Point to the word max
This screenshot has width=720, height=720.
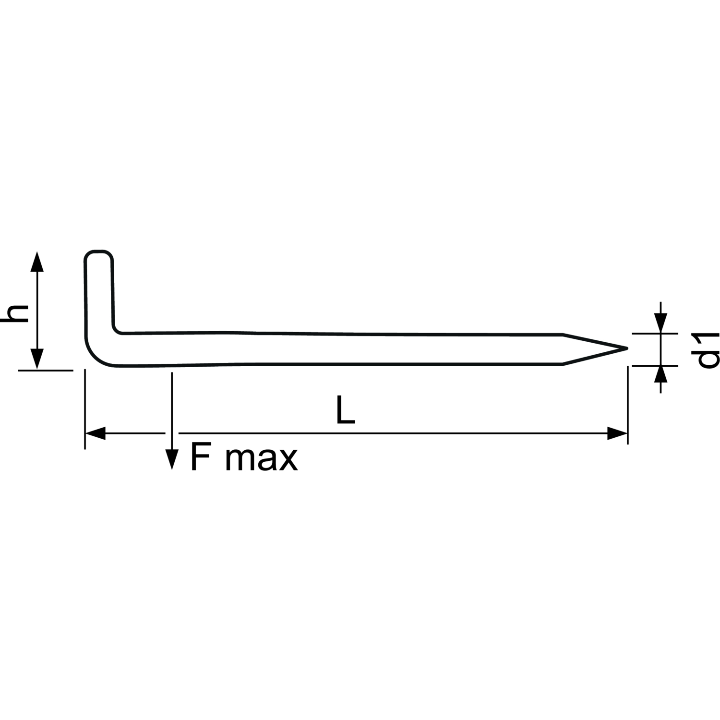tap(262, 460)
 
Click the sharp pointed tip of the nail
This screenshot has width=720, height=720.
tap(627, 348)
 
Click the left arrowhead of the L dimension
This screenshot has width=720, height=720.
tap(96, 433)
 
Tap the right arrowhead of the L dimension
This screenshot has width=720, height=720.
tap(617, 433)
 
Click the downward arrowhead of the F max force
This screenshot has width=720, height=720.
tap(171, 458)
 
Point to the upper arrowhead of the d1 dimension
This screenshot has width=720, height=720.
tap(661, 323)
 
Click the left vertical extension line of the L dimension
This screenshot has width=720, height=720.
tap(85, 409)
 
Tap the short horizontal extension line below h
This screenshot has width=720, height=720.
tap(46, 370)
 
